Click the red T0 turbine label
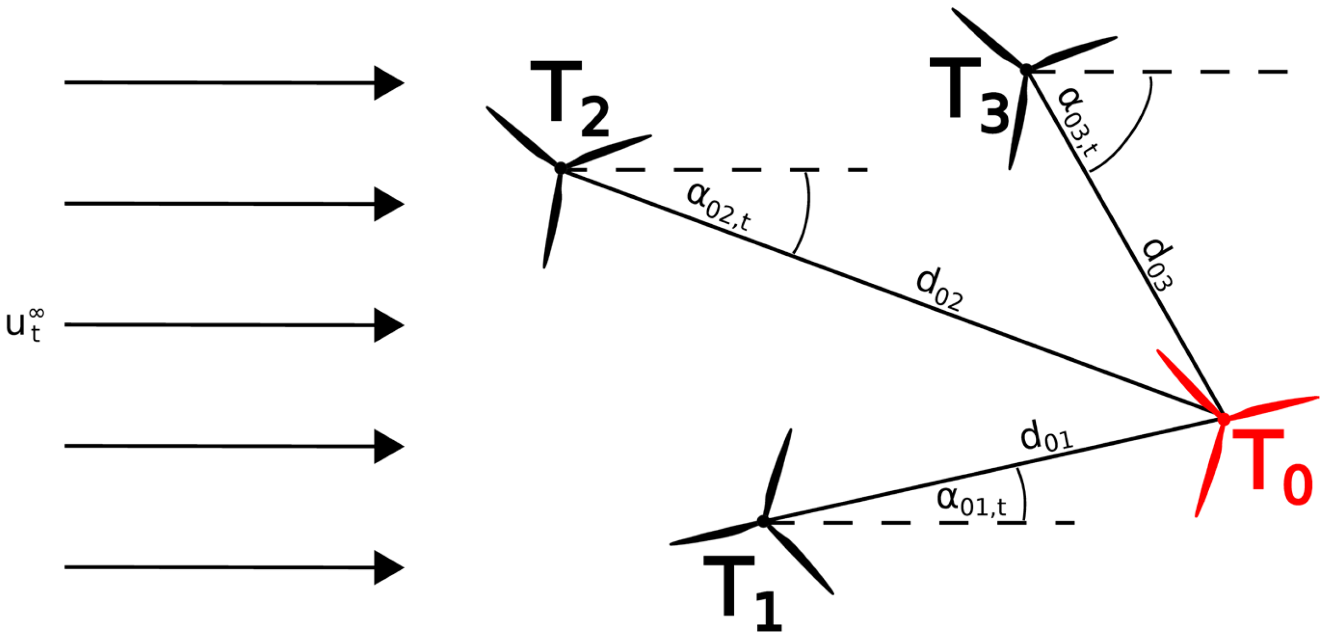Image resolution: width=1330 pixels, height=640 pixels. click(x=1278, y=467)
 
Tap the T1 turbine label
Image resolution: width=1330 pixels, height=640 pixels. click(x=743, y=595)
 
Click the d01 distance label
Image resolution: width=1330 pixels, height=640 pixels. click(x=1046, y=437)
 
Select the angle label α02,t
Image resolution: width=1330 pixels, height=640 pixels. click(x=718, y=206)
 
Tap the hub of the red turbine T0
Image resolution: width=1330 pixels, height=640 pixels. click(x=1223, y=419)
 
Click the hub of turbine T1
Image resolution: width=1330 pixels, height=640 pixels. click(x=763, y=521)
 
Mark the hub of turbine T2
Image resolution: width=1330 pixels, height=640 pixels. click(x=561, y=168)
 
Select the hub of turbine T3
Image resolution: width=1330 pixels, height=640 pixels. click(x=1026, y=70)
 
